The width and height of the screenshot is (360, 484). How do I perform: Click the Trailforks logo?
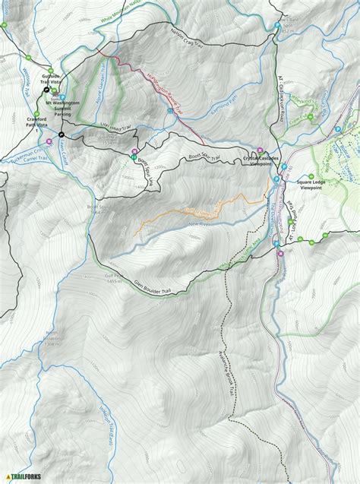pyautogui.click(x=24, y=476)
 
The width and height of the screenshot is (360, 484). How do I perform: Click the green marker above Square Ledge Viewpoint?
pyautogui.click(x=314, y=173)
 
